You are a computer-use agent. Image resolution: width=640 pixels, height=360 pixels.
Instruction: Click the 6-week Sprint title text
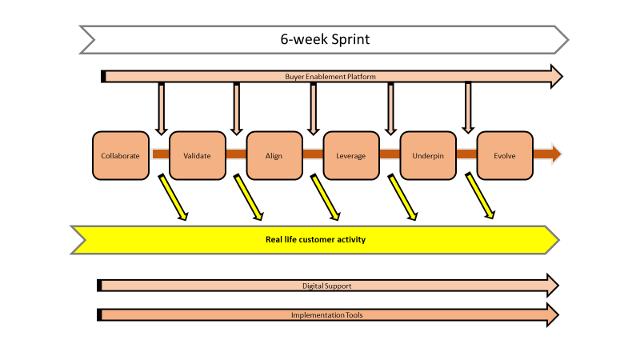pyautogui.click(x=325, y=38)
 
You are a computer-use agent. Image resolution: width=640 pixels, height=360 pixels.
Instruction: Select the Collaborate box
pyautogui.click(x=121, y=155)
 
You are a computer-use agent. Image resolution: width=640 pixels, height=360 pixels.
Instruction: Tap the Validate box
pyautogui.click(x=198, y=155)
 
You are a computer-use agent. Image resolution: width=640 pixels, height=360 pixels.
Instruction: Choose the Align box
pyautogui.click(x=274, y=155)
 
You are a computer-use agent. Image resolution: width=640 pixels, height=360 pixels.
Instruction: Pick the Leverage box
pyautogui.click(x=351, y=155)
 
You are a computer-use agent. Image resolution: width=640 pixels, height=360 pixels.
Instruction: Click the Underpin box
pyautogui.click(x=428, y=155)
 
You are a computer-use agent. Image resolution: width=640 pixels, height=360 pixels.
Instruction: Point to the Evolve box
pyautogui.click(x=505, y=155)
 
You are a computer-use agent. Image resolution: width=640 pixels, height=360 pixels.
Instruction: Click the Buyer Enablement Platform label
pyautogui.click(x=330, y=77)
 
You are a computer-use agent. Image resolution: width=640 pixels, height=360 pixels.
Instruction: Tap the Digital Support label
pyautogui.click(x=326, y=286)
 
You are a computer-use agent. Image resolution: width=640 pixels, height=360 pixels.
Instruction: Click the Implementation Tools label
pyautogui.click(x=326, y=315)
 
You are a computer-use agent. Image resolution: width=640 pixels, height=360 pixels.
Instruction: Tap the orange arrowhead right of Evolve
pyautogui.click(x=556, y=154)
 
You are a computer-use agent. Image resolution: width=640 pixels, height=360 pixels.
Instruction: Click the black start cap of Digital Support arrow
pyautogui.click(x=99, y=286)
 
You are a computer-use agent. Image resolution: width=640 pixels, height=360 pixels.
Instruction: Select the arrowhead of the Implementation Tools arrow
pyautogui.click(x=550, y=315)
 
